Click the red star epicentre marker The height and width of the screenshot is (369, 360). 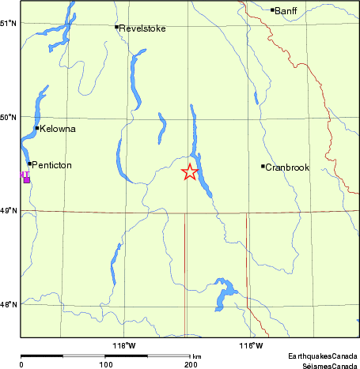pyautogui.click(x=190, y=172)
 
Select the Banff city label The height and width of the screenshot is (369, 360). pyautogui.click(x=285, y=10)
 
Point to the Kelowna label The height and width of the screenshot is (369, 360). pyautogui.click(x=58, y=129)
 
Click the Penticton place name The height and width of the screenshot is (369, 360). pyautogui.click(x=52, y=165)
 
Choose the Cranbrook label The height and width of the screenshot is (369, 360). pyautogui.click(x=286, y=168)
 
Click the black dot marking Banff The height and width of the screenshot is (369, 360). pyautogui.click(x=272, y=10)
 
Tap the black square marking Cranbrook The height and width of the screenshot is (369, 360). pyautogui.click(x=263, y=166)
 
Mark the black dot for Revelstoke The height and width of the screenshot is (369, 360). pyautogui.click(x=116, y=27)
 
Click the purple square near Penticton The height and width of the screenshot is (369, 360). pyautogui.click(x=27, y=180)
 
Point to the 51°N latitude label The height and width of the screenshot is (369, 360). pyautogui.click(x=9, y=23)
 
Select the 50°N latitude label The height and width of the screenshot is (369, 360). pyautogui.click(x=9, y=118)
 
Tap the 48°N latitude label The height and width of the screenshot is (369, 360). pyautogui.click(x=9, y=304)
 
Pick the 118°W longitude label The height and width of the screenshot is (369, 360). pyautogui.click(x=125, y=346)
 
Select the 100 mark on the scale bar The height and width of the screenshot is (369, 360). pyautogui.click(x=105, y=364)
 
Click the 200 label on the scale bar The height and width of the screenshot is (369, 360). pyautogui.click(x=190, y=364)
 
